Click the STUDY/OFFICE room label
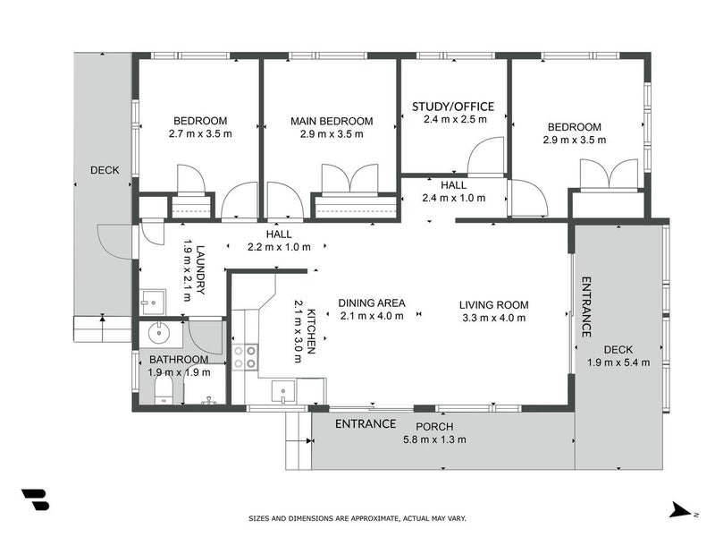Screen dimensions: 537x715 point(453,107)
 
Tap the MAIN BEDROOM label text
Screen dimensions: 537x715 point(332,121)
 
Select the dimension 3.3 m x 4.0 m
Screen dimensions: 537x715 point(493,317)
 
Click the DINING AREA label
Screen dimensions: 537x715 point(371,303)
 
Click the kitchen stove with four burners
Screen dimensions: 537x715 point(246,357)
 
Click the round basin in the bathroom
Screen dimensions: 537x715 point(162,335)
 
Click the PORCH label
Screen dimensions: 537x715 point(434,426)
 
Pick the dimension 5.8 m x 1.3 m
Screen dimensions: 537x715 point(434,439)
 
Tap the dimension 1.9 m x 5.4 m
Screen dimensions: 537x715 point(618,362)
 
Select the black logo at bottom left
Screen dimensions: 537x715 point(35,500)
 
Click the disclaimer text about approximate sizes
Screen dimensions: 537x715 point(357,518)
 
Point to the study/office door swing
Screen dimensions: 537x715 point(487,158)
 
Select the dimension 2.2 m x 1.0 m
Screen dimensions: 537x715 point(279,246)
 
